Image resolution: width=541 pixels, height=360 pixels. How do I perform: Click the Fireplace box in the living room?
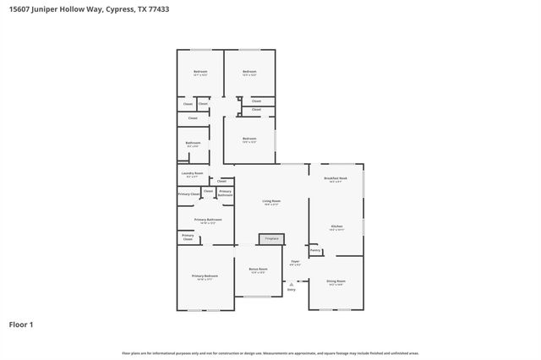tap(271, 239)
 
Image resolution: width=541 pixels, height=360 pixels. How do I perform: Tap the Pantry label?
tap(314, 250)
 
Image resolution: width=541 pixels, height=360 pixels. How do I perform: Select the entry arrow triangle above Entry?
tap(292, 284)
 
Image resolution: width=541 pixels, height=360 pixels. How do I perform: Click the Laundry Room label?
tap(192, 173)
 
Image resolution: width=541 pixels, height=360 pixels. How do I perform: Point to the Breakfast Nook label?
tap(336, 178)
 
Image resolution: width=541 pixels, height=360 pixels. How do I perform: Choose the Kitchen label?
tap(336, 226)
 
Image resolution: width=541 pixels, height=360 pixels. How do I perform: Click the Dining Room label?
tap(336, 281)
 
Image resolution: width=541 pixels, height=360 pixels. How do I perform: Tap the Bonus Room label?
tap(258, 270)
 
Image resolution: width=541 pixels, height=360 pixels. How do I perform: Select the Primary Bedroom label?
tap(205, 276)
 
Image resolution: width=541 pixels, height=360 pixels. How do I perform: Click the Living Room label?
tap(270, 201)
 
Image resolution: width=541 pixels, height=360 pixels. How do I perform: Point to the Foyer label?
tap(296, 262)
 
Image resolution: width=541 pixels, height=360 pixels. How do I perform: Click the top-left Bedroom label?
tap(200, 72)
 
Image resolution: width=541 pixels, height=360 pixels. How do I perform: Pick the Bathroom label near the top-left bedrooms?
tap(193, 143)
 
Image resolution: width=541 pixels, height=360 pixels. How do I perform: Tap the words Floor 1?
tap(21, 324)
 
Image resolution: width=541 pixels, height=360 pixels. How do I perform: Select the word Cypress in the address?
tap(117, 10)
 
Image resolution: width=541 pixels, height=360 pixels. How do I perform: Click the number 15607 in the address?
tap(19, 10)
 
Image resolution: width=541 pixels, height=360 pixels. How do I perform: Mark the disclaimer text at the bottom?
tap(270, 353)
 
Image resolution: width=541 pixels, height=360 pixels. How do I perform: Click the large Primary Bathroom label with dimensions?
tap(208, 220)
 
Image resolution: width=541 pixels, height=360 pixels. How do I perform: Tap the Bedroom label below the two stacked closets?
tap(249, 139)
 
